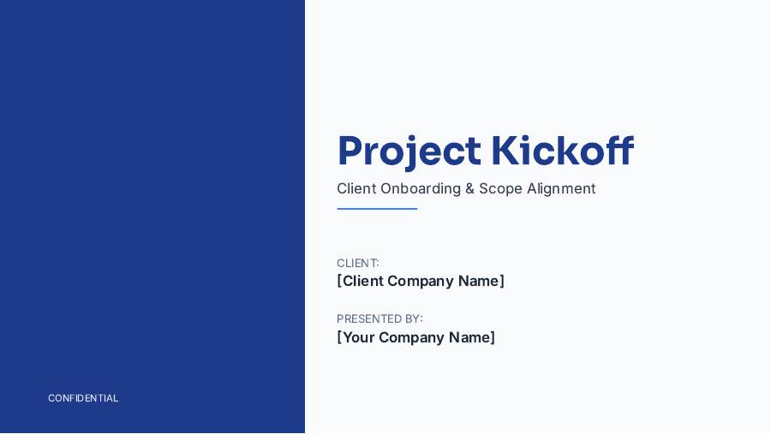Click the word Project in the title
[x=409, y=152]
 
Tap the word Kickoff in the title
[x=562, y=152]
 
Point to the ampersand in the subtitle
[x=469, y=189]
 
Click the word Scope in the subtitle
[x=500, y=189]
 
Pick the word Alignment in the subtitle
[x=561, y=189]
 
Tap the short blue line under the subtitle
[x=377, y=209]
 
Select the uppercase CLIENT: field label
[x=358, y=263]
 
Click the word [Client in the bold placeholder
[x=360, y=281]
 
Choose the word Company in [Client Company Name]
[x=420, y=281]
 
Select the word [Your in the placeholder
[x=356, y=337]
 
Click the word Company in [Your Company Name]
[x=411, y=337]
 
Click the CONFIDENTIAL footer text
[x=83, y=398]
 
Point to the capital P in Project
[x=350, y=152]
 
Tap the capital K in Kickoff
[x=505, y=152]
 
